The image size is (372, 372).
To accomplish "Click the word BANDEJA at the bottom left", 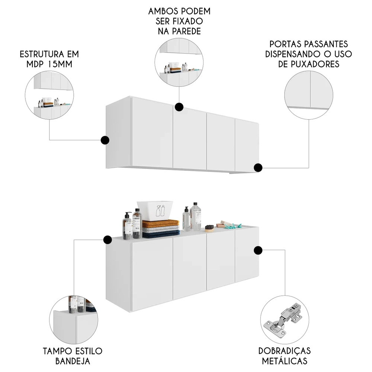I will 73,361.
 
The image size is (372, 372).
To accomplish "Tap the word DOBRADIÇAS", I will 285,351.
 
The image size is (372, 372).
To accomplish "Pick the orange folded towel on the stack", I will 161,224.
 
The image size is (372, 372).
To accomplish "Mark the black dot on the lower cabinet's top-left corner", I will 108,240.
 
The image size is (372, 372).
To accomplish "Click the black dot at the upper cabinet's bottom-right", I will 258,168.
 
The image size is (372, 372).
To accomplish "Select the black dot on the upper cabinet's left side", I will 105,140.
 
